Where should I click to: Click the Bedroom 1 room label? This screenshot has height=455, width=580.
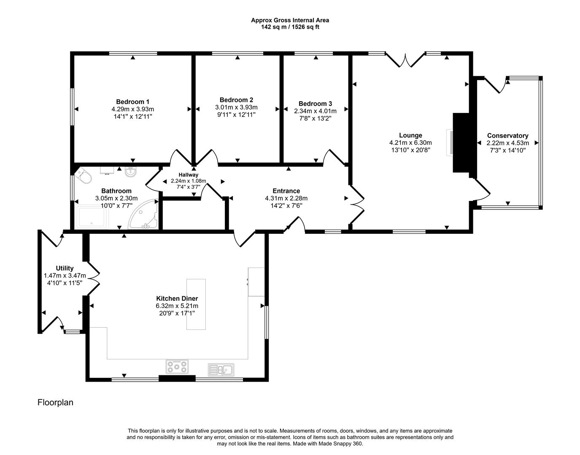click(132, 102)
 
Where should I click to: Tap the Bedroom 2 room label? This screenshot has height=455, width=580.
click(236, 100)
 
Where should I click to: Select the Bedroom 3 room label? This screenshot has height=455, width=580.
click(315, 104)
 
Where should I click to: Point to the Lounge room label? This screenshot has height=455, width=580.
click(410, 135)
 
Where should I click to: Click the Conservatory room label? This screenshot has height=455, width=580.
click(507, 136)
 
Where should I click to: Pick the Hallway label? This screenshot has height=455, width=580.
click(188, 175)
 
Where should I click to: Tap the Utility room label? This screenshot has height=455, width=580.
click(65, 268)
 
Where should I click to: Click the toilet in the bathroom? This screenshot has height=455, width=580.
click(84, 177)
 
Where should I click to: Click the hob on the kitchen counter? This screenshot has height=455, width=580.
click(178, 367)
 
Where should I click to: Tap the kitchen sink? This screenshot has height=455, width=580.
click(221, 369)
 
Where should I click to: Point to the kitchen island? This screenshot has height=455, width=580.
click(196, 304)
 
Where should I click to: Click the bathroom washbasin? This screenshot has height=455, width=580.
click(130, 171)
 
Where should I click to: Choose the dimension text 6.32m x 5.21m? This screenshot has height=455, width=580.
click(177, 306)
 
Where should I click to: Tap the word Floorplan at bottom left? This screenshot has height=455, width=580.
click(55, 402)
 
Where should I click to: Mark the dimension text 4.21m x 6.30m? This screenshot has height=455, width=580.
click(410, 143)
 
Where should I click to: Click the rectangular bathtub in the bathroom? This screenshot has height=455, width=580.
click(92, 217)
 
